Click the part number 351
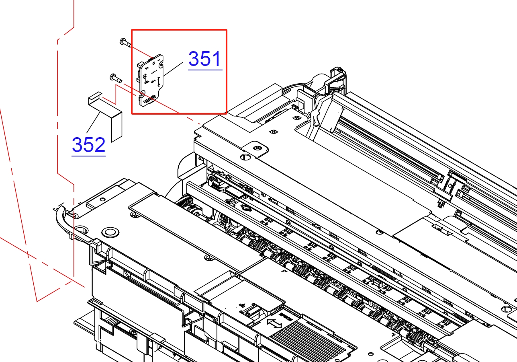[x=205, y=59]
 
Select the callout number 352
[x=89, y=145]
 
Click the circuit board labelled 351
[x=151, y=80]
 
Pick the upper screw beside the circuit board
[x=125, y=43]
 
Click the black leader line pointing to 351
[x=173, y=69]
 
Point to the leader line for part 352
[x=93, y=122]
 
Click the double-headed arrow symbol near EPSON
[x=274, y=323]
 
